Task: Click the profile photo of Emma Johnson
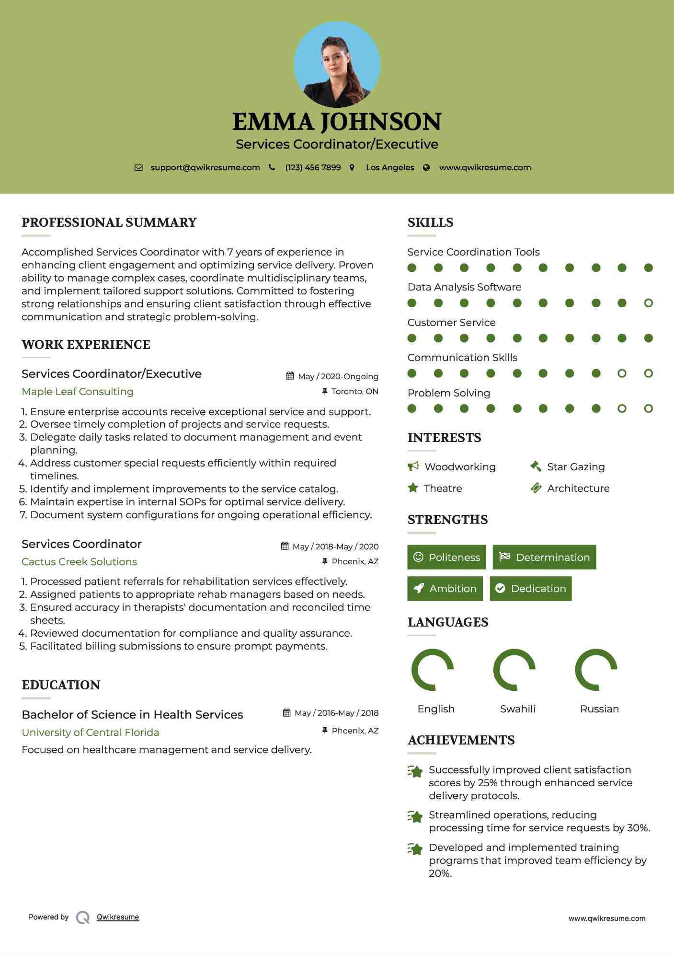[x=337, y=65]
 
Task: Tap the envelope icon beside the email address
[x=138, y=168]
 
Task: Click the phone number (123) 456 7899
[x=313, y=168]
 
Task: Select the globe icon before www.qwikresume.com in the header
[x=426, y=168]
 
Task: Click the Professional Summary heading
[x=109, y=222]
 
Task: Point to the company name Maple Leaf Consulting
[x=78, y=392]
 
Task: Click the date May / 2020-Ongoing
[x=338, y=376]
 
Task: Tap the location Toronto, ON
[x=354, y=391]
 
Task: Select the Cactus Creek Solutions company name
[x=80, y=561]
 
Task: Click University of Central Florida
[x=91, y=732]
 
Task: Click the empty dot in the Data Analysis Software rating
[x=648, y=303]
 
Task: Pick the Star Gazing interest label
[x=576, y=467]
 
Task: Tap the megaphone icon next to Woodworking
[x=413, y=466]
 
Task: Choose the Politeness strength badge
[x=446, y=557]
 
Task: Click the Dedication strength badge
[x=531, y=588]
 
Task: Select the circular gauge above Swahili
[x=514, y=670]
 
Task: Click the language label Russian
[x=599, y=709]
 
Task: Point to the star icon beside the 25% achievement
[x=415, y=771]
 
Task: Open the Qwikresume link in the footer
[x=118, y=917]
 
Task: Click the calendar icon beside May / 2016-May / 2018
[x=287, y=713]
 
